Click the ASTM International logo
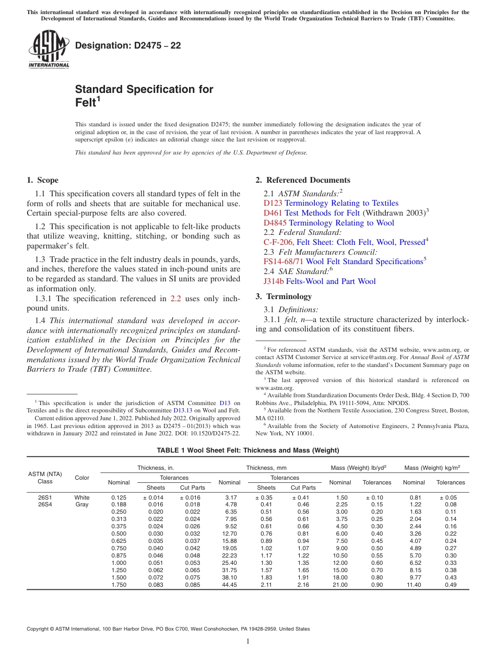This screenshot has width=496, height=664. pos(49,49)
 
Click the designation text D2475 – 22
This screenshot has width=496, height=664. pos(128,46)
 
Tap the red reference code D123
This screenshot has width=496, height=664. pos(273,203)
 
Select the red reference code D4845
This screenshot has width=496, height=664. pos(275,223)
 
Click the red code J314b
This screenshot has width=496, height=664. pos(274,281)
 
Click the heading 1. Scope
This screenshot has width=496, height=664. pos(43,180)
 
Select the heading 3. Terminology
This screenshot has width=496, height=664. pos(284,297)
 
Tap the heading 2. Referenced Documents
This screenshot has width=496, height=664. pos(303,180)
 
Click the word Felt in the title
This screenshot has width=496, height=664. pos(86,103)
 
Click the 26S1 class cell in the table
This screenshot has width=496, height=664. pos(45,497)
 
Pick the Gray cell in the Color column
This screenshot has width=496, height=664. pos(82,505)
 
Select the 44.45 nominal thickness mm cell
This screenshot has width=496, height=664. pos(229,585)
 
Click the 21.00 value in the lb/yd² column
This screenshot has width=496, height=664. pos(340,585)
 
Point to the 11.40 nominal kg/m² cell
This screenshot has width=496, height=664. pos(414,585)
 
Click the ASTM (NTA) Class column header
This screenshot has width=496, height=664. pos(45,478)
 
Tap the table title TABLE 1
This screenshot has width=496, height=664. pos(248,450)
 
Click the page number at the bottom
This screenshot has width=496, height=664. pos(248,642)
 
